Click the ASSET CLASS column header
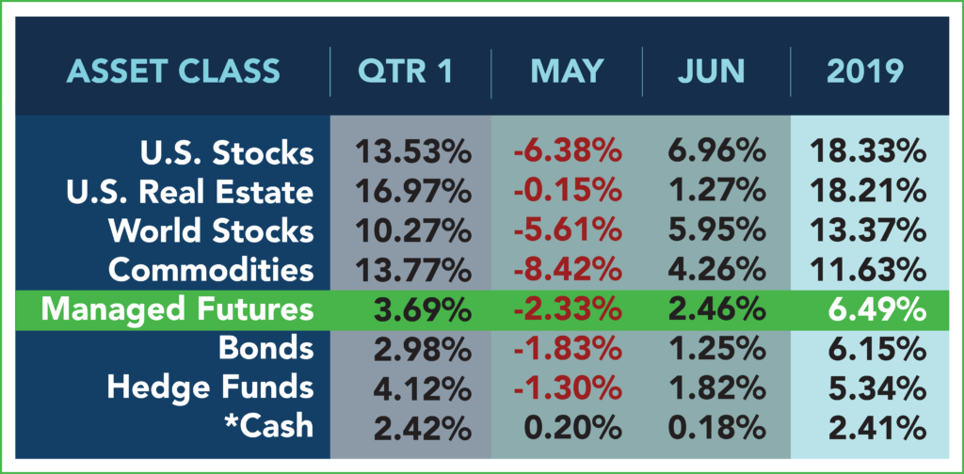click(x=173, y=71)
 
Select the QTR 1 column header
click(x=406, y=71)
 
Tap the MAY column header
click(x=567, y=71)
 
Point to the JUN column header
click(x=712, y=71)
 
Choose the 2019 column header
click(x=865, y=71)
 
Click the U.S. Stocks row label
click(x=227, y=153)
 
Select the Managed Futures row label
click(x=177, y=310)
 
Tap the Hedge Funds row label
click(x=210, y=388)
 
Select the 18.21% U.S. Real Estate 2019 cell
click(x=867, y=193)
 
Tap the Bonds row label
click(x=265, y=349)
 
